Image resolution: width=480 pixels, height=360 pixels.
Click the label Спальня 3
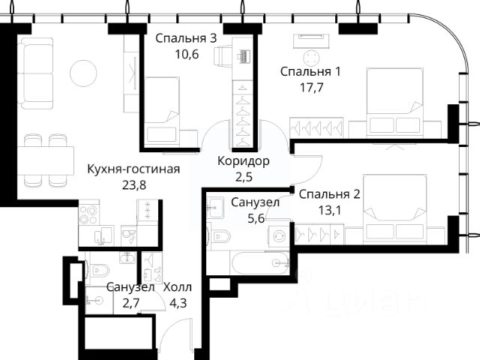[186, 38]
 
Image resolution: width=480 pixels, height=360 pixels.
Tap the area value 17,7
[312, 88]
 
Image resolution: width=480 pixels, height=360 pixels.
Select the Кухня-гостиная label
[133, 169]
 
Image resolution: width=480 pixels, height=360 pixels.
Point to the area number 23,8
[134, 185]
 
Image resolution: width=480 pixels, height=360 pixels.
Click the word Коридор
[243, 161]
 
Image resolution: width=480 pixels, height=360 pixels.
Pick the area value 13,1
[330, 210]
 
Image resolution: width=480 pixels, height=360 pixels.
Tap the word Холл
[178, 287]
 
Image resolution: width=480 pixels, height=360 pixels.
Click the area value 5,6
[256, 218]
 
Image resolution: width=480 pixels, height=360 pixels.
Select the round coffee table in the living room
[83, 73]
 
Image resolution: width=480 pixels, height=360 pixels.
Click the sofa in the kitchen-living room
[35, 73]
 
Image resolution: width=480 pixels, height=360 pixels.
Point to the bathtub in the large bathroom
[260, 263]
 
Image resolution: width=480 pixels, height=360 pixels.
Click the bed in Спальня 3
[162, 111]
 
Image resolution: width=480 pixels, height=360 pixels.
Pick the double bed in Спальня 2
[394, 208]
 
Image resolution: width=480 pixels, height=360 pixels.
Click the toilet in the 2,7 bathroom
[98, 270]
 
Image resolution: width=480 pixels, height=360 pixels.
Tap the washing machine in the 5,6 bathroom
[279, 236]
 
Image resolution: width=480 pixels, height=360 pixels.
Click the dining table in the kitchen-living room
[46, 160]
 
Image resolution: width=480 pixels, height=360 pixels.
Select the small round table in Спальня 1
[312, 58]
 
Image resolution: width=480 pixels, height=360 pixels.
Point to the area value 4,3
[178, 304]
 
